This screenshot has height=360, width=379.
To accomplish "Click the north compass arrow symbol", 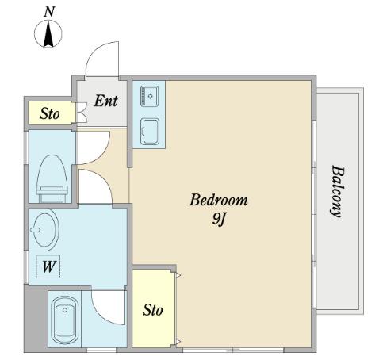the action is [x=48, y=33].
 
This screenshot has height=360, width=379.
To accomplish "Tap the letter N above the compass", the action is [x=49, y=12].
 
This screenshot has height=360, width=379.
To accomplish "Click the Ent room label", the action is [x=105, y=101].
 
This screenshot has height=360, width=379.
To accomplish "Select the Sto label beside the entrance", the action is [x=50, y=113].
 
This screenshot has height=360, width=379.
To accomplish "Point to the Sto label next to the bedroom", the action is [x=152, y=310].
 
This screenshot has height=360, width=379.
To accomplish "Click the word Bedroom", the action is [x=219, y=200].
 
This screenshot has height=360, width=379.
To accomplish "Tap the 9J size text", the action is [x=218, y=219].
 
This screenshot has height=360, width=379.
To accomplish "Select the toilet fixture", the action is [x=52, y=179].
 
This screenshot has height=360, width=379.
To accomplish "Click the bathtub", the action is [x=65, y=320].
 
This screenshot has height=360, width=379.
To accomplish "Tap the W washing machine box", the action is [x=48, y=266].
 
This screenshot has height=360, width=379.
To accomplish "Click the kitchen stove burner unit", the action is [x=150, y=96].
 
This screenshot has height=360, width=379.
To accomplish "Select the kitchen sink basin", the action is [x=150, y=132].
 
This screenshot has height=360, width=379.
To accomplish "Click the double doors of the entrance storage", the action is [x=82, y=113].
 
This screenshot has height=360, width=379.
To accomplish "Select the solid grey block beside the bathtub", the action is [x=36, y=318].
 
